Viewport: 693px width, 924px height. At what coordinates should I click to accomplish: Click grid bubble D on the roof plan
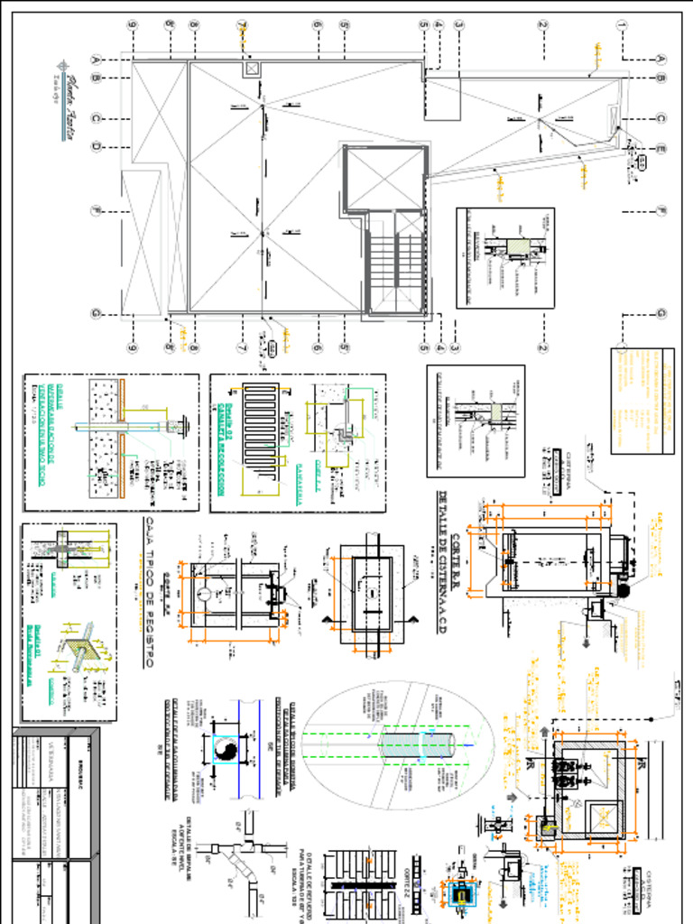[96, 147]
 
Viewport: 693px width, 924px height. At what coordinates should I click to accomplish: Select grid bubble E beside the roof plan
[661, 149]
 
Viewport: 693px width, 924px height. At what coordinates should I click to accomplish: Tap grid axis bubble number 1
[622, 25]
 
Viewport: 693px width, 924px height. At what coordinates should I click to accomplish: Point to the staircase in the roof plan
[395, 263]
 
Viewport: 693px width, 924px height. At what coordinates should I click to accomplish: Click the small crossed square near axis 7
[249, 69]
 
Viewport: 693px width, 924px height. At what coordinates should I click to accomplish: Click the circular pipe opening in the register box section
[205, 594]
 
